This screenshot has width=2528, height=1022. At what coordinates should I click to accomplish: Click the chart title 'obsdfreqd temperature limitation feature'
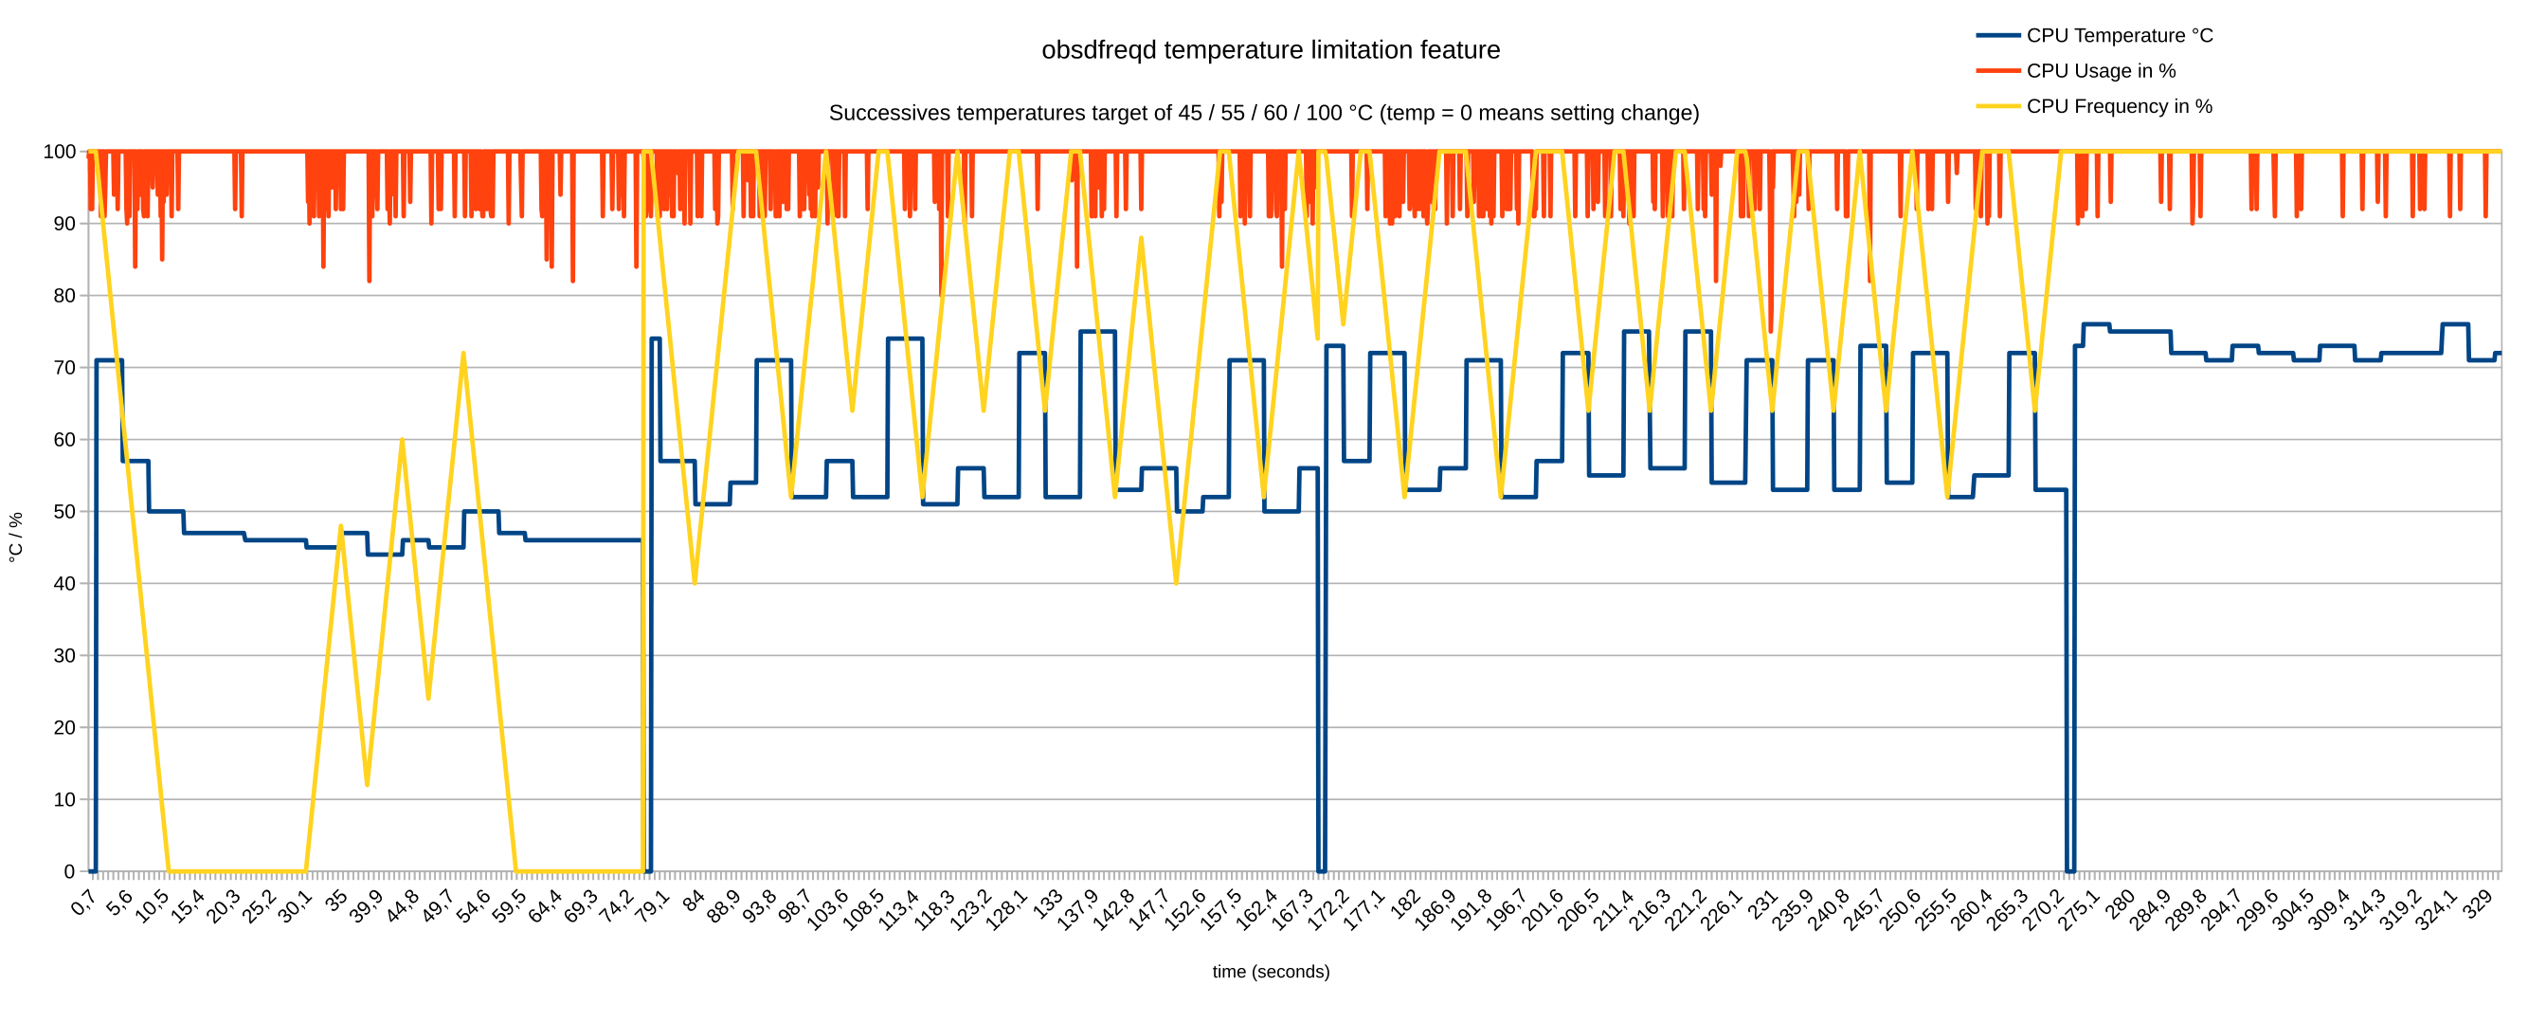1270,50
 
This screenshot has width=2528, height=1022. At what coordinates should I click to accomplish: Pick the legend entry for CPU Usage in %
2100,71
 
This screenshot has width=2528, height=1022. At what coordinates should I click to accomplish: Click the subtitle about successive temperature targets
1263,113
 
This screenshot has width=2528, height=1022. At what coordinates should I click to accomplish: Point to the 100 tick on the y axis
59,153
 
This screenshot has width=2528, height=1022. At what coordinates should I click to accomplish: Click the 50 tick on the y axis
63,512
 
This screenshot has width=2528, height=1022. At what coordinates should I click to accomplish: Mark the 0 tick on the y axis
68,872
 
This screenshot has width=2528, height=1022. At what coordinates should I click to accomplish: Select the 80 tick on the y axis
63,296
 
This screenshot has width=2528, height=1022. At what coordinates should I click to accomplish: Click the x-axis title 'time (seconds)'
1270,971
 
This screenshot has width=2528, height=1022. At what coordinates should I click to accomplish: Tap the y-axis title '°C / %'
16,537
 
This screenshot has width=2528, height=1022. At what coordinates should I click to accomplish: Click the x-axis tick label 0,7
83,903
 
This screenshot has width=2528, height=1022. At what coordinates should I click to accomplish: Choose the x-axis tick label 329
2479,903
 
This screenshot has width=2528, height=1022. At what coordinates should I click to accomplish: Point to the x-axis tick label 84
694,902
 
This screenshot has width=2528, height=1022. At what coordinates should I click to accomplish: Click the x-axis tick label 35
336,902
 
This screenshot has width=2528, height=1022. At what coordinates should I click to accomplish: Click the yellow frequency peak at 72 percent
463,354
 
